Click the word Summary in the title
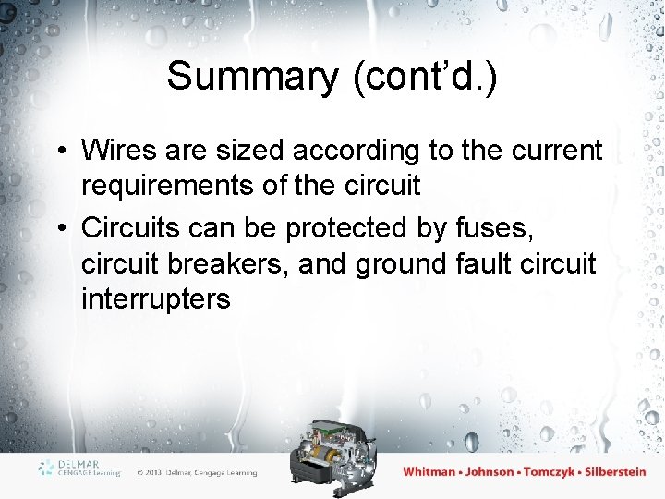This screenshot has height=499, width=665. click(252, 77)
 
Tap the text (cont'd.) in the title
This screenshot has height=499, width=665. click(425, 77)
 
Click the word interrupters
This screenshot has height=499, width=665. click(156, 300)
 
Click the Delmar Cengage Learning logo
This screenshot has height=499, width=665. click(79, 468)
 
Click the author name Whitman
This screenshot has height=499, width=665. click(429, 471)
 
